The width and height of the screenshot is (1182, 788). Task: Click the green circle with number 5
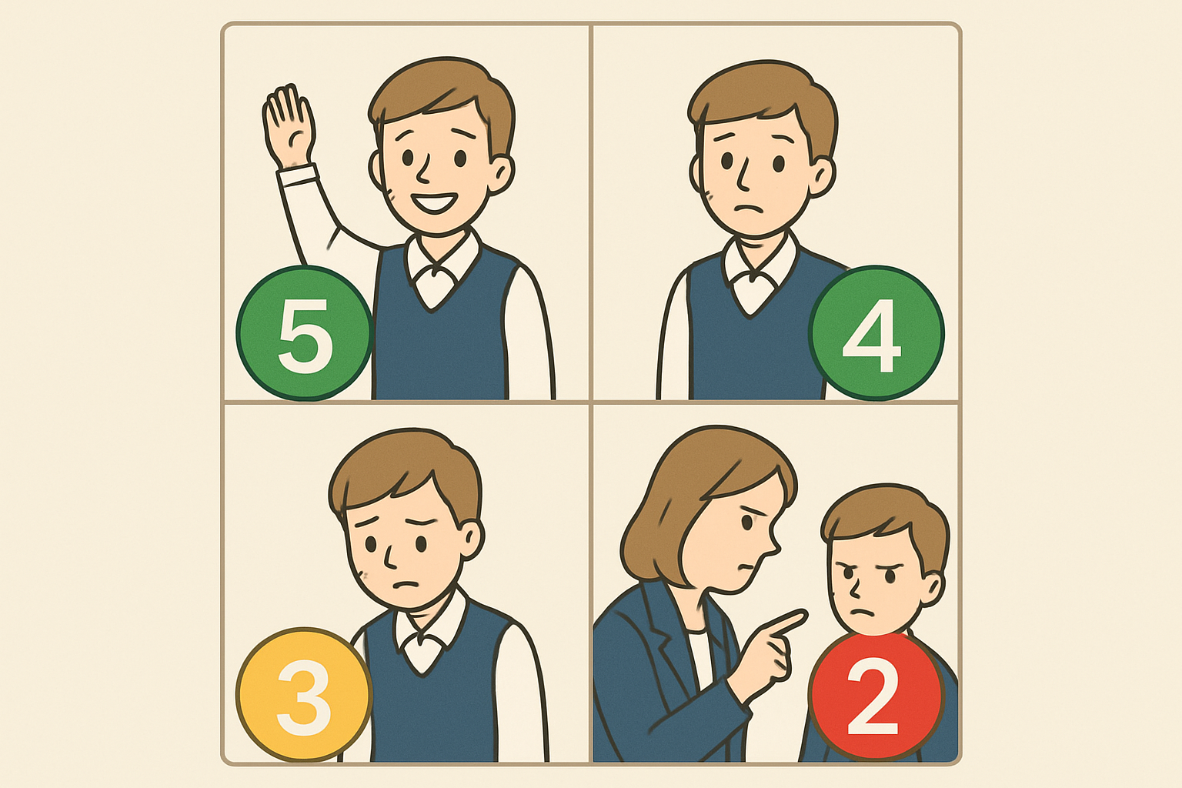(x=305, y=333)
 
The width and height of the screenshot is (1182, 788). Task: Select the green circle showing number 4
(x=876, y=333)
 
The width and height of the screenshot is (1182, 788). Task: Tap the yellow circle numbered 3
(x=305, y=695)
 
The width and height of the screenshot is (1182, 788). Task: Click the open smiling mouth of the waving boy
(x=434, y=203)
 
